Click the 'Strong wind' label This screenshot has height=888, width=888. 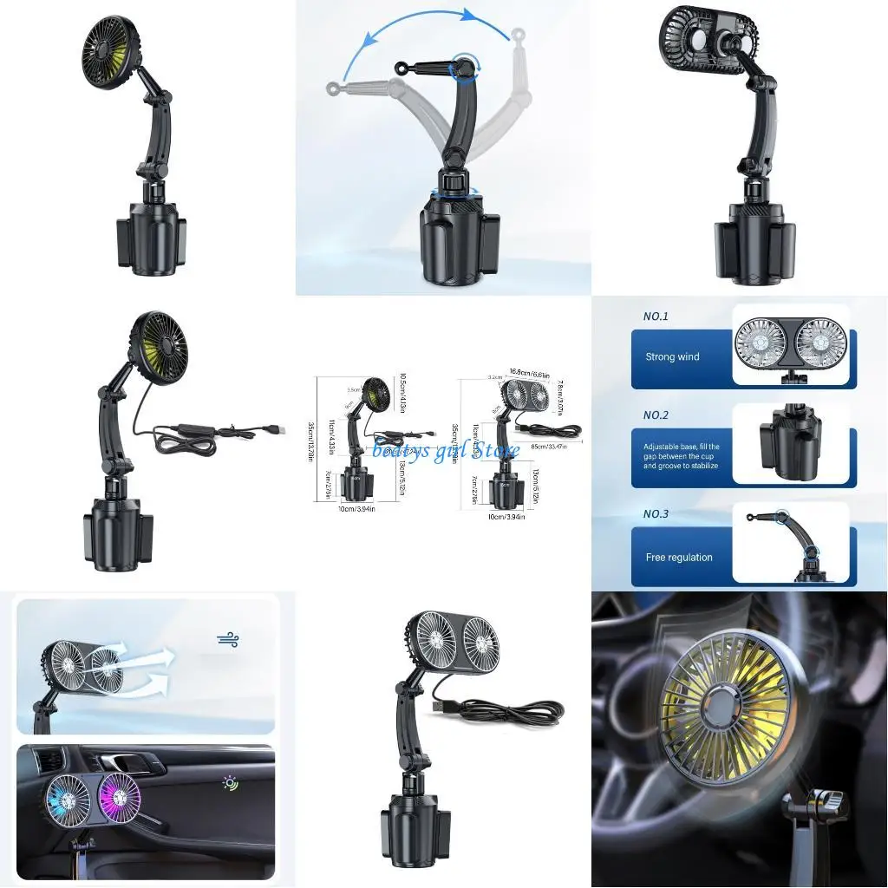pos(672,356)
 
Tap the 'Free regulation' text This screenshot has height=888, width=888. pos(679,558)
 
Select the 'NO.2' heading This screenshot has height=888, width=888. pos(656,415)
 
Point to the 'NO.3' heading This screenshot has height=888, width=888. pos(656,514)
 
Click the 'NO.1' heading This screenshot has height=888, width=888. pos(656,317)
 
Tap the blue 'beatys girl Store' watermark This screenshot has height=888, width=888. pos(446,449)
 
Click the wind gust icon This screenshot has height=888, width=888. pos(228,640)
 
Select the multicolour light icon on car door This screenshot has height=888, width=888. pos(230,783)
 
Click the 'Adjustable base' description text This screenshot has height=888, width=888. pos(681,456)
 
